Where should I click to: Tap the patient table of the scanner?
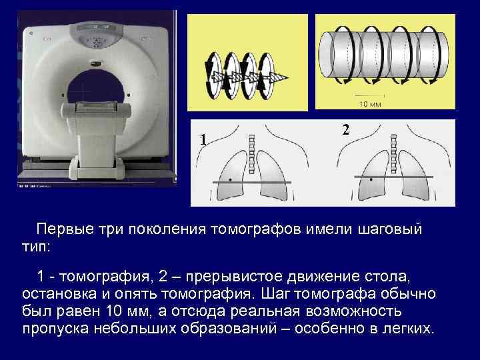100,110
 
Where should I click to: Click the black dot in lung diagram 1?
231,179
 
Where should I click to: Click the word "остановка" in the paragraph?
56,294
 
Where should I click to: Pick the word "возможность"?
353,311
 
